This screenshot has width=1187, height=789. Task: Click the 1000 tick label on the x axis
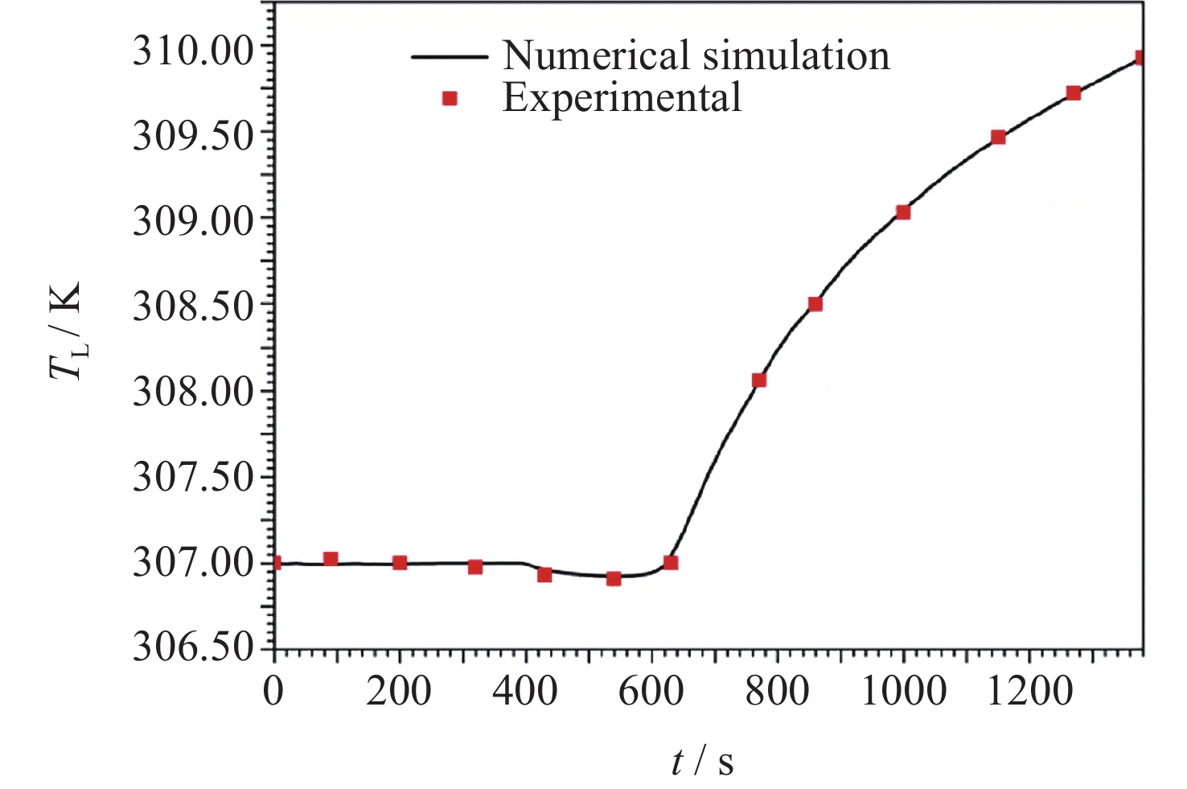tap(903, 691)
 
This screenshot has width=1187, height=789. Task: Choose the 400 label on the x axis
tap(525, 691)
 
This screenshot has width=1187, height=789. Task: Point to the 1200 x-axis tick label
tap(1029, 691)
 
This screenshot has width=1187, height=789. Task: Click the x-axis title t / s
tap(703, 761)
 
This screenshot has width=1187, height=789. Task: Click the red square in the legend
tap(450, 98)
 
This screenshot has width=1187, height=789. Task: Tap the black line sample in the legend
tap(450, 56)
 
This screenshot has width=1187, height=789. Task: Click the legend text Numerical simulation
tap(696, 55)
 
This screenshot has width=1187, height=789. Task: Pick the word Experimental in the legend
tap(622, 98)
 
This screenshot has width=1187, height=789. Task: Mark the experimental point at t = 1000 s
tap(903, 212)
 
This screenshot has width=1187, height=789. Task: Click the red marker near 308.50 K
tap(815, 304)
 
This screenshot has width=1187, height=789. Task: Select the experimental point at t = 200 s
tap(400, 563)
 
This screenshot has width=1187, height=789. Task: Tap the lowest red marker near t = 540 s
tap(614, 578)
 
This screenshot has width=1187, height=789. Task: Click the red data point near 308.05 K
tap(759, 380)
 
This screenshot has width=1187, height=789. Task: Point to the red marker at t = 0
tap(276, 563)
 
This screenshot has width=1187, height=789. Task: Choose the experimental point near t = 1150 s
tap(998, 137)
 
